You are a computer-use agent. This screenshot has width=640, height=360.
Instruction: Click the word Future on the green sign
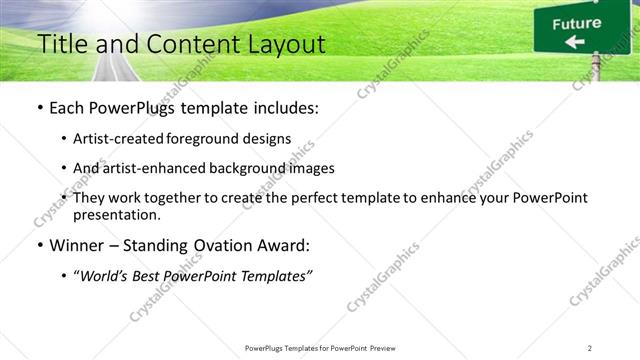click(577, 23)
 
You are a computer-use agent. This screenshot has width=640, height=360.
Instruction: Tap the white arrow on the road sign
click(574, 42)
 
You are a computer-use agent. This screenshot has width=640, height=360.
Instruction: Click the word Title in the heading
click(59, 45)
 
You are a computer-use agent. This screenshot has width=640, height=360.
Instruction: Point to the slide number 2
click(589, 348)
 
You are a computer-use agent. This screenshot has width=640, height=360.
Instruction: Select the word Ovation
click(221, 245)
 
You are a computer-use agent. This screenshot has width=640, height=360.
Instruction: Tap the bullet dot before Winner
click(39, 245)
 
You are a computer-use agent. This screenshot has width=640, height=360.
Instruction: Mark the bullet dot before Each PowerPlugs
click(39, 107)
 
